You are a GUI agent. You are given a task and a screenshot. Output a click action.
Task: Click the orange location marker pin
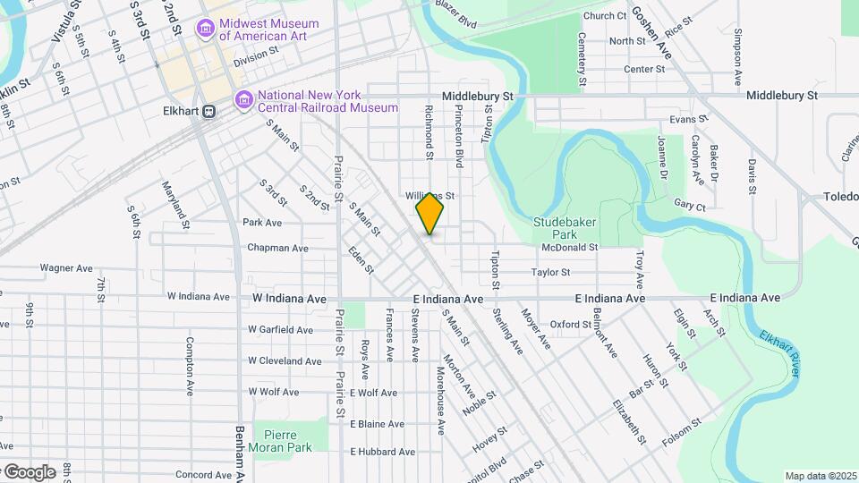(x=429, y=214)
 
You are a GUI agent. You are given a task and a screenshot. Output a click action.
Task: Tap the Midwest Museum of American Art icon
(x=206, y=30)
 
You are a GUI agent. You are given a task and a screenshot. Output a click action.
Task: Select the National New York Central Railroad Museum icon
(x=243, y=101)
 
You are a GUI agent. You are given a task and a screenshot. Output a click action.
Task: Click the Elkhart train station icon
(x=208, y=112)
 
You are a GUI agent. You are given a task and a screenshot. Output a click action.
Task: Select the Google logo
(x=29, y=471)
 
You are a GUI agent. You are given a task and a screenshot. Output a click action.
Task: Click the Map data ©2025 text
(x=820, y=476)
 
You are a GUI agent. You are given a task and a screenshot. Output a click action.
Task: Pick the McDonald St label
(x=569, y=247)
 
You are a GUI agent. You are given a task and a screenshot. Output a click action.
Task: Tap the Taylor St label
(x=550, y=272)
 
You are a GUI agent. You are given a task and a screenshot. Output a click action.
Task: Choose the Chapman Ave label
(x=277, y=248)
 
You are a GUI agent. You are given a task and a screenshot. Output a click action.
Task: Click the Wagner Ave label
(x=67, y=267)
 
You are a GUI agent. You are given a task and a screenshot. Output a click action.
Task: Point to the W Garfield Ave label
(x=280, y=330)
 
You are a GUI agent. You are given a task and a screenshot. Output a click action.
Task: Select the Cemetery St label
(x=583, y=59)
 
